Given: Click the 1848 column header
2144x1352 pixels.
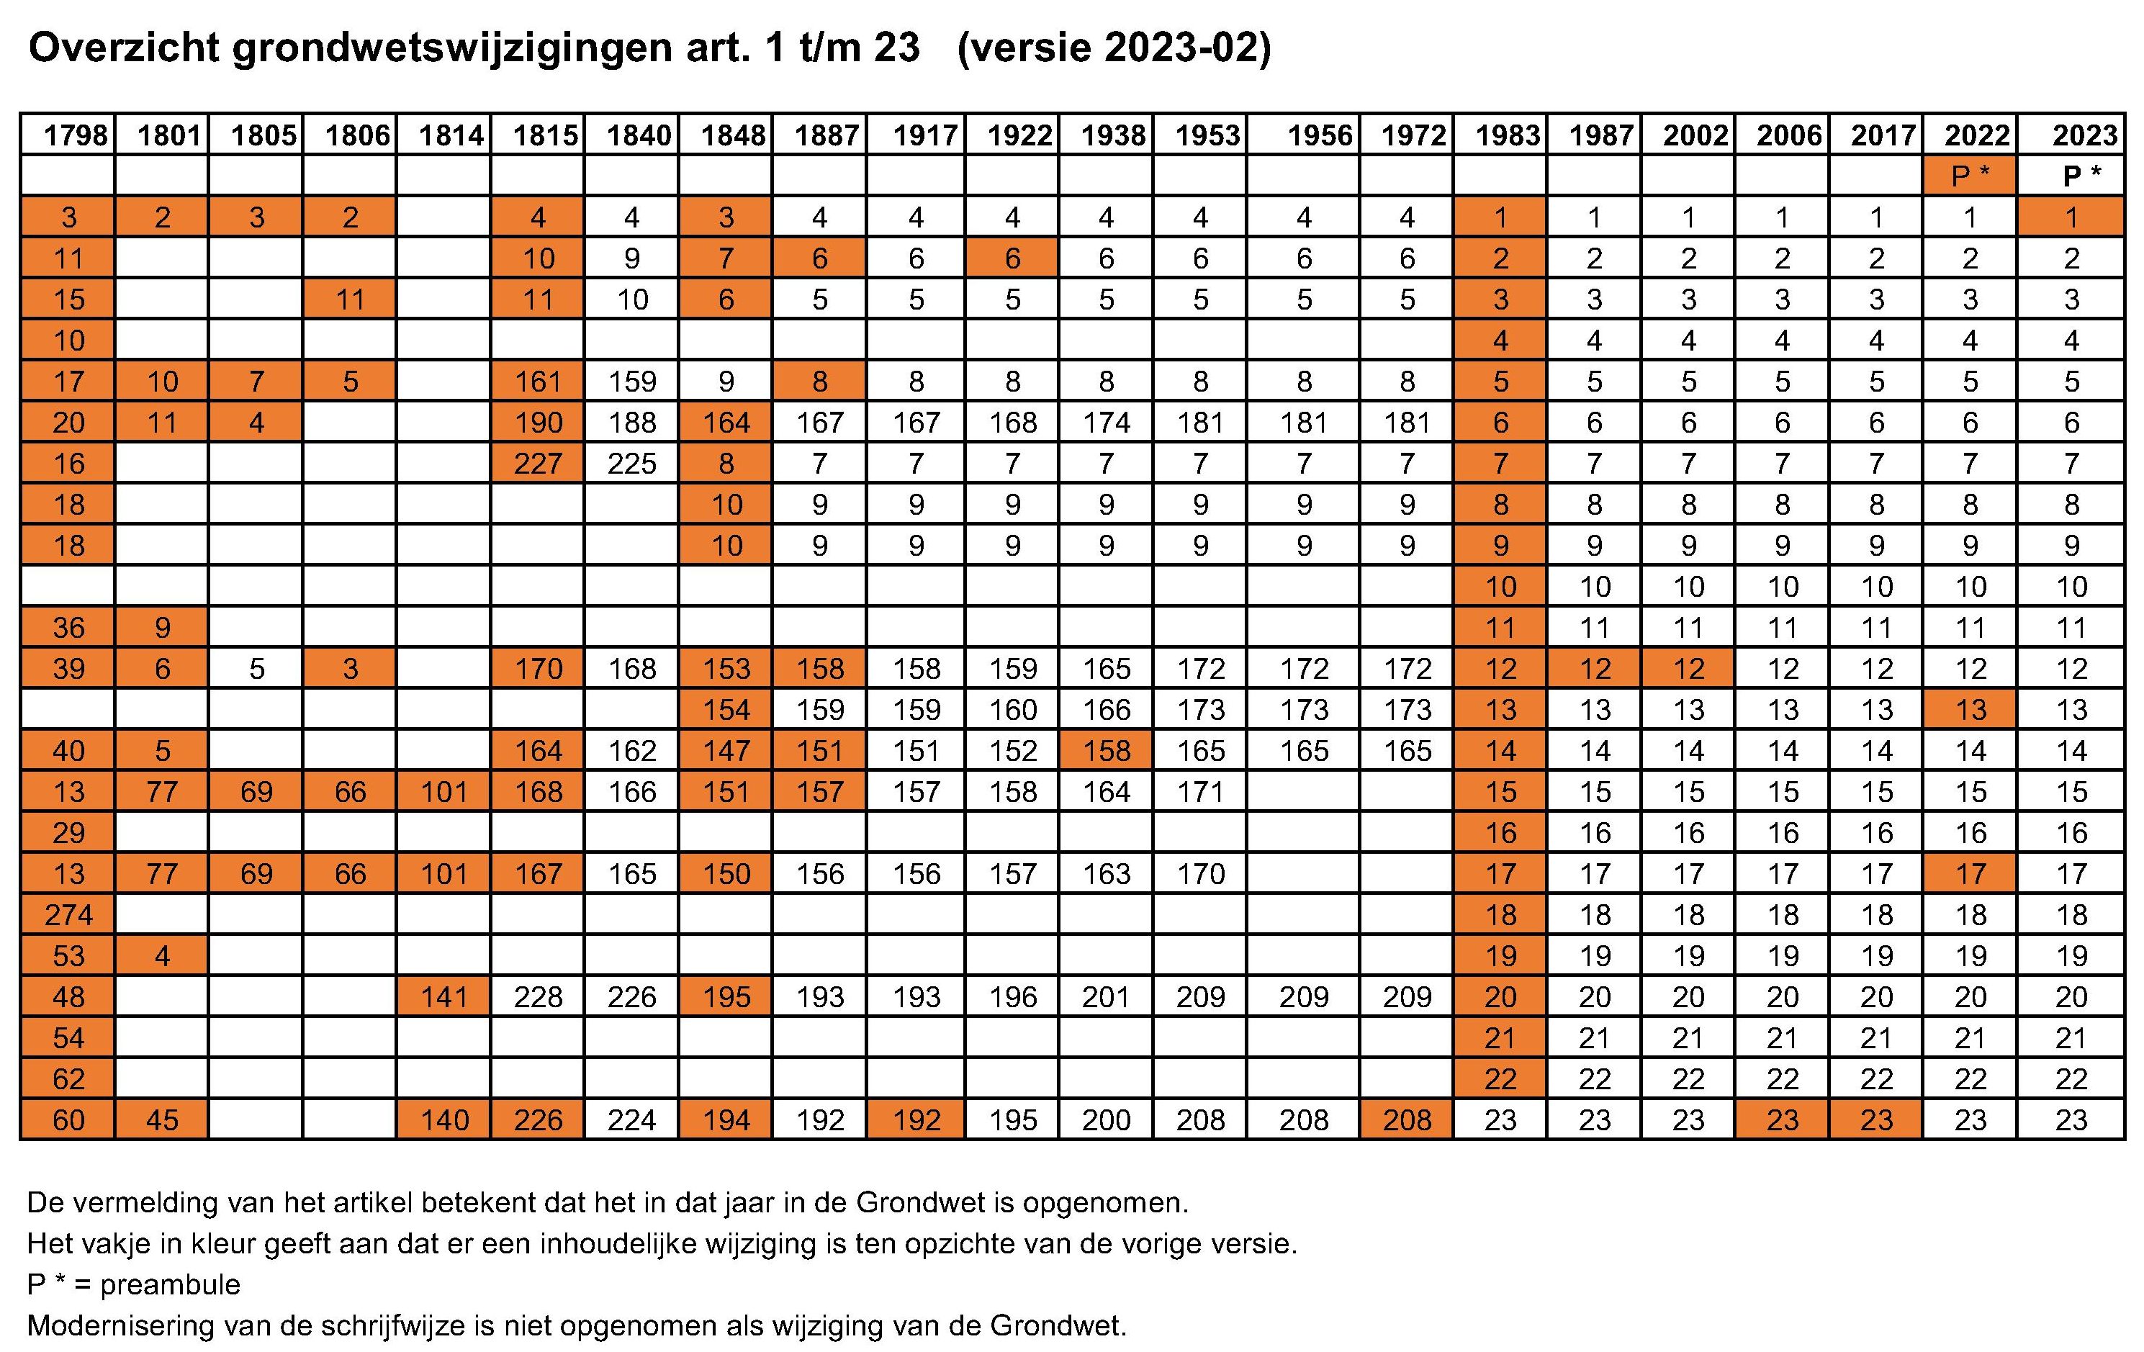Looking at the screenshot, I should (x=732, y=135).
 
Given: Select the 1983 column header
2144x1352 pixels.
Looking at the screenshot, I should (x=1507, y=135).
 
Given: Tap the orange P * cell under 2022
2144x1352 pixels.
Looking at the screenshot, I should (x=1970, y=176).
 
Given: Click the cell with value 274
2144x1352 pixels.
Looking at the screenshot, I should (x=68, y=915).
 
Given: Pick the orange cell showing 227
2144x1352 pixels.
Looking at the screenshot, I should (x=538, y=464).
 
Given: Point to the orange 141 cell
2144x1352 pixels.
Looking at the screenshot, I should (x=443, y=997).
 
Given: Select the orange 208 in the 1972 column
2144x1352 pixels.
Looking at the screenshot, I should (x=1407, y=1119).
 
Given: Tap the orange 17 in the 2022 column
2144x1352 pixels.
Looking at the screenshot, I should (x=1970, y=874).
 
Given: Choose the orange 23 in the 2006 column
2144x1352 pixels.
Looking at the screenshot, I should (x=1783, y=1119).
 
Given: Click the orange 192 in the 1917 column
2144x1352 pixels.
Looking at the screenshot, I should (x=916, y=1119).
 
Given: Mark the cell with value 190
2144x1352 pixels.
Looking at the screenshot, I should (x=538, y=423).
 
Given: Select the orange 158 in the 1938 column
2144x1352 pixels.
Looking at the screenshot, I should (x=1106, y=751).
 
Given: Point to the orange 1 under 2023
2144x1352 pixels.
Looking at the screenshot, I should (x=2071, y=217).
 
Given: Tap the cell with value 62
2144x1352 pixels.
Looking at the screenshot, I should (x=68, y=1078).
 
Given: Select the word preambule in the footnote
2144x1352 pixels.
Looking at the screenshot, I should (x=169, y=1285).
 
